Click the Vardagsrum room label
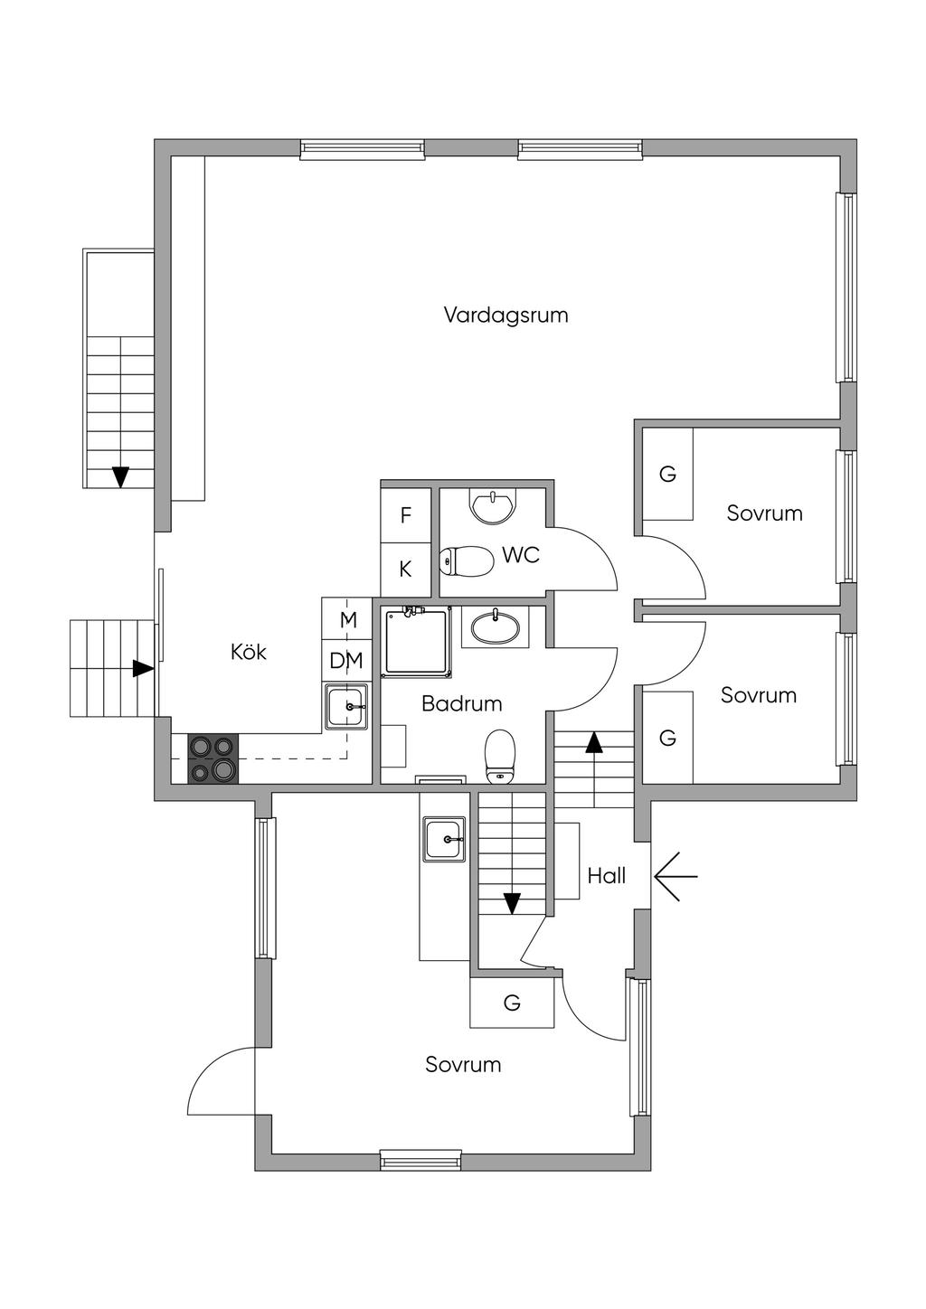coord(506,315)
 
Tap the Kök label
coord(249,652)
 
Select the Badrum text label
coord(462,703)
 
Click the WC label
coord(520,555)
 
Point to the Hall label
coord(607,876)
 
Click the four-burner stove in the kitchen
coord(213,758)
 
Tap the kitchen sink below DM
coord(347,707)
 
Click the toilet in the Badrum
coord(500,756)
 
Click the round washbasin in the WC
coord(494,506)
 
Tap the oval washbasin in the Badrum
coord(496,627)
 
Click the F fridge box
coord(406,515)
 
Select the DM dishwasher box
coord(346,661)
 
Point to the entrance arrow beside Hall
coord(676,877)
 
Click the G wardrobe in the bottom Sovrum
coord(512,1003)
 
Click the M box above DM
coord(346,619)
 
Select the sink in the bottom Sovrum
coord(445,839)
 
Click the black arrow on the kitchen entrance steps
coord(143,669)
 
